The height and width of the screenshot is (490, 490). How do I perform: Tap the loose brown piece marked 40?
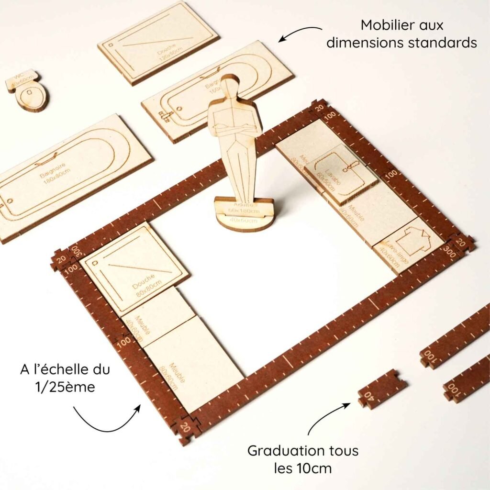382,389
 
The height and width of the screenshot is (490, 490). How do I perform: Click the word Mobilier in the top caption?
386,25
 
